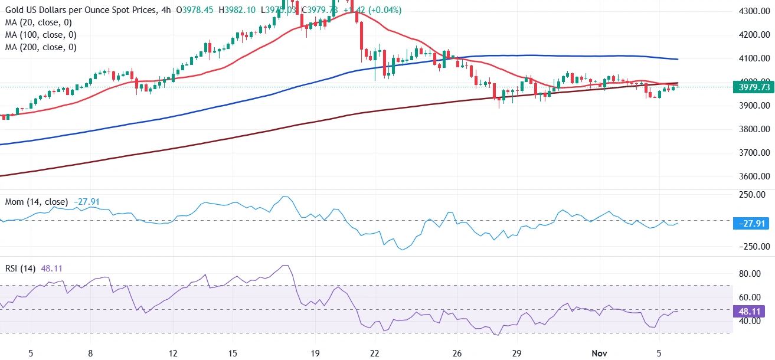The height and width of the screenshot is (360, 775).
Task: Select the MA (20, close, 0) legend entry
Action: tap(39, 22)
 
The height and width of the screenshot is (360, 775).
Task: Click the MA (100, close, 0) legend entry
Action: tap(41, 35)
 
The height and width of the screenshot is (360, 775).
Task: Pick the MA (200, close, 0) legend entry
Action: tap(41, 47)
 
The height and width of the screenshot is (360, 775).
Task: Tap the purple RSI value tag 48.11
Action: tap(752, 311)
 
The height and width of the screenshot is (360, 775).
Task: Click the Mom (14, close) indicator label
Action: tap(35, 202)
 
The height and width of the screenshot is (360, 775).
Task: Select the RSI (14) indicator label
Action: tap(19, 269)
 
